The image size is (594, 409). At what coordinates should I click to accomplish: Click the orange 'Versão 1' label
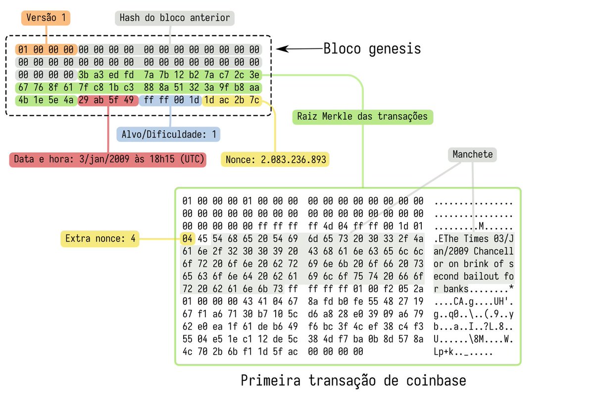(x=46, y=18)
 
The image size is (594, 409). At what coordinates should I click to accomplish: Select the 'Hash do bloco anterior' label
(x=175, y=18)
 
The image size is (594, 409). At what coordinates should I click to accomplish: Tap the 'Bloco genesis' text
(x=372, y=49)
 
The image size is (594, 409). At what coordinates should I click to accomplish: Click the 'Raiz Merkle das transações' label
(x=362, y=117)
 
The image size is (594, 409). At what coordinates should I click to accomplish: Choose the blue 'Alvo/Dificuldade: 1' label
(x=168, y=134)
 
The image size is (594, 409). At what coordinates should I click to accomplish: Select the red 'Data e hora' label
(x=107, y=160)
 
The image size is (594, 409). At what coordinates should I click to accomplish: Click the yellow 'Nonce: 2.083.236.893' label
(x=276, y=160)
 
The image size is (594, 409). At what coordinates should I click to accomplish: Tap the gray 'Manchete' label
(x=472, y=155)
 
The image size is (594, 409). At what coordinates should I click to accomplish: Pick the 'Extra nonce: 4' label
(x=100, y=239)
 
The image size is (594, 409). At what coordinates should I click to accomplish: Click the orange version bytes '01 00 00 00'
(x=46, y=49)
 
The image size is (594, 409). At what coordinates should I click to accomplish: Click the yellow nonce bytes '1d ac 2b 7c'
(x=232, y=100)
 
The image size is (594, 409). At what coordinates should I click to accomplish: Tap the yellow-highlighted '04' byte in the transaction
(x=187, y=239)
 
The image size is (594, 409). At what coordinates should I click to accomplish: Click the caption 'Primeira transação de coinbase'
(x=353, y=381)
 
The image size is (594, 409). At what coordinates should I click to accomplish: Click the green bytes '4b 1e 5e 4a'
(x=46, y=100)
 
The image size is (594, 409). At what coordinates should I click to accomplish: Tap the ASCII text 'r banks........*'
(x=474, y=289)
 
